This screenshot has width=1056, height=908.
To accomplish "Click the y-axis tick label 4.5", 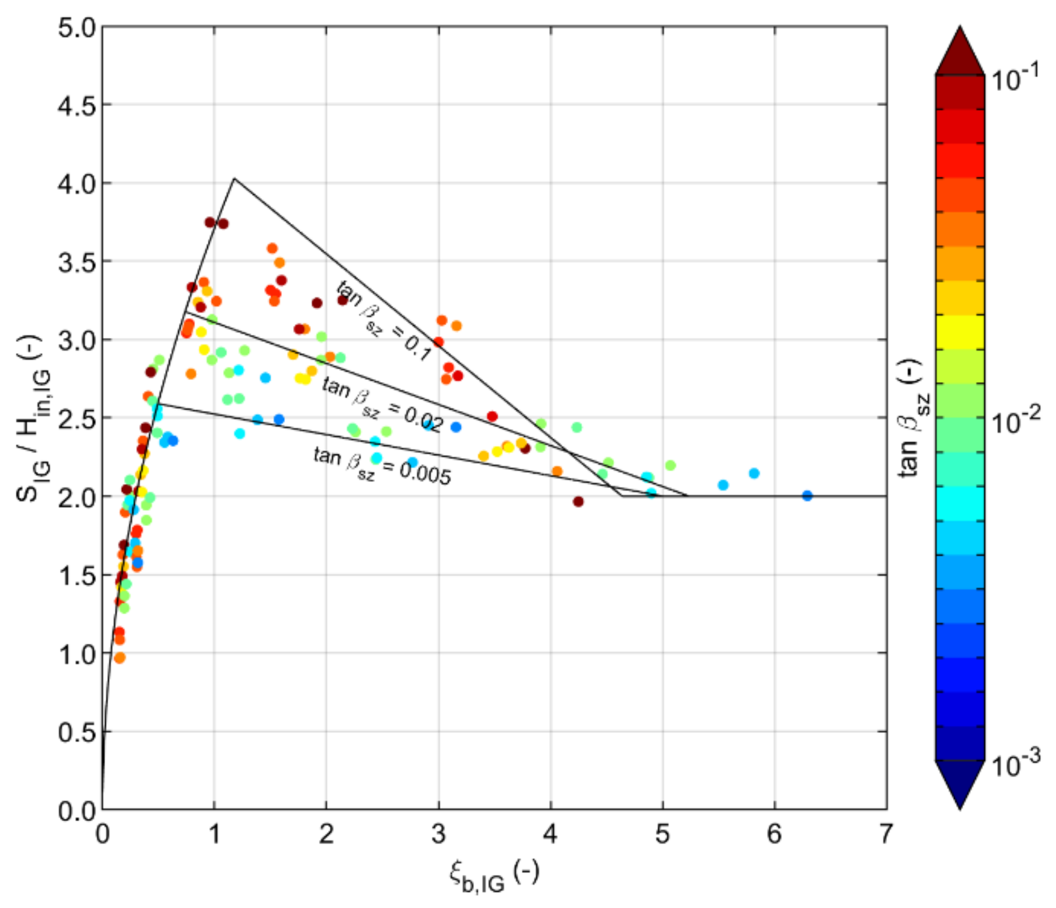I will click(x=77, y=106).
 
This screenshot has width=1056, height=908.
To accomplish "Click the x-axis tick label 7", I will click(x=886, y=834).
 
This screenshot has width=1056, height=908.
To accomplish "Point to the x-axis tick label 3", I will click(x=438, y=834).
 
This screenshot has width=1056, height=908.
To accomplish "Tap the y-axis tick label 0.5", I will click(x=77, y=732).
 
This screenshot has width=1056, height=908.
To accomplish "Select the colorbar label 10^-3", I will click(x=1016, y=765).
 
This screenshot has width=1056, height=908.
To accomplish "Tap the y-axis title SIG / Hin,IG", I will click(x=35, y=418).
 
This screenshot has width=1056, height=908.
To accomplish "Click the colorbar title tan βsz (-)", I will click(x=913, y=418).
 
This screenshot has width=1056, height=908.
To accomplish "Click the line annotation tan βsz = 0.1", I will click(x=384, y=321).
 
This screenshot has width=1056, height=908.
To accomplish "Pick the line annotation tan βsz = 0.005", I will click(x=382, y=465).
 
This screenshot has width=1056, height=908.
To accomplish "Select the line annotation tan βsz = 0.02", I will click(x=382, y=405).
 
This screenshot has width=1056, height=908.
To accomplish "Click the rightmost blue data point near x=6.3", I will click(x=807, y=496).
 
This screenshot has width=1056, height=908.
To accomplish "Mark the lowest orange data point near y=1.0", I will click(x=120, y=658).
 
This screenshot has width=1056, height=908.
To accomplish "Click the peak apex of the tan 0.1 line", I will click(x=235, y=179).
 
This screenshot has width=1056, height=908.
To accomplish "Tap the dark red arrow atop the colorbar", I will click(x=960, y=53).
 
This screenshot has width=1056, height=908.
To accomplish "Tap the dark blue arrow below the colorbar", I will click(x=960, y=783).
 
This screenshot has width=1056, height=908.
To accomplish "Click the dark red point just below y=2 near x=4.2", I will click(x=578, y=502).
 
